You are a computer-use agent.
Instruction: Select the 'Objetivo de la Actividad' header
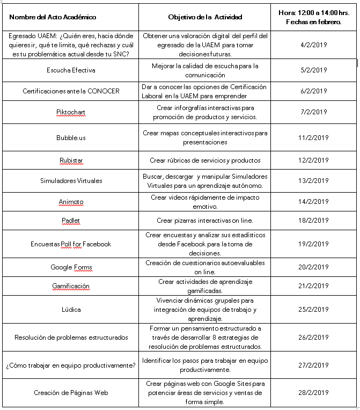coord(204,17)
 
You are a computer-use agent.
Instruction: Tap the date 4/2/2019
coord(314,45)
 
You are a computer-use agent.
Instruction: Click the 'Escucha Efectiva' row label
coord(71,70)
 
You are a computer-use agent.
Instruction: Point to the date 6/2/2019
coord(314,91)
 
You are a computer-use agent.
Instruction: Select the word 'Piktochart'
coord(71,112)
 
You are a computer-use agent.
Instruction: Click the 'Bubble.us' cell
coord(71,137)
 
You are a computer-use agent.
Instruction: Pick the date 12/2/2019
coord(314,160)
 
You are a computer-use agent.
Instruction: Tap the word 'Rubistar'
coord(71,160)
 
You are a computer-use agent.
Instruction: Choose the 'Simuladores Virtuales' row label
coord(71,181)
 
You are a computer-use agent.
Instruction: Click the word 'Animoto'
coord(71,202)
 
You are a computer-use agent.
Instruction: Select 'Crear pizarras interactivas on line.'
coord(204,221)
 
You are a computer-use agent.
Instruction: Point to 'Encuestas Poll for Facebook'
coord(71,244)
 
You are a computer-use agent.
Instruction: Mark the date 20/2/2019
coord(314,267)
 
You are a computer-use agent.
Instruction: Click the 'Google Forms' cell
coord(71,267)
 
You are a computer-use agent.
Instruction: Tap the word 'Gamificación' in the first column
coord(71,286)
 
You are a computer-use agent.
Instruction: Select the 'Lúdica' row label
coord(71,310)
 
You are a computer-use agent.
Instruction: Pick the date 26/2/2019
coord(314,338)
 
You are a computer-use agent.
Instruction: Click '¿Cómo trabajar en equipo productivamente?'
coord(70,365)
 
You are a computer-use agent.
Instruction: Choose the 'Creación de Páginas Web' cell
coord(71,393)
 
